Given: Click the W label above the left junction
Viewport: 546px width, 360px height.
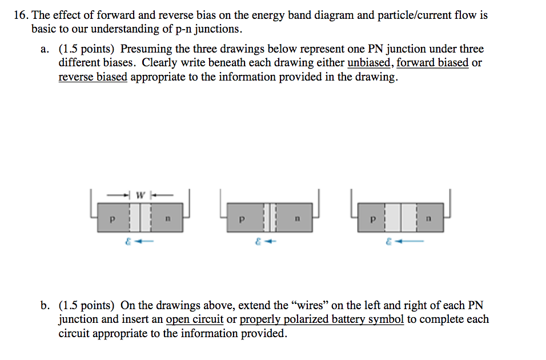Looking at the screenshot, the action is (x=140, y=195).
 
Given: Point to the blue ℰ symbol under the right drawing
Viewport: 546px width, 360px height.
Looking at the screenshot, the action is (x=389, y=242).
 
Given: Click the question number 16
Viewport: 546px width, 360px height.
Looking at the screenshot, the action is (x=21, y=15).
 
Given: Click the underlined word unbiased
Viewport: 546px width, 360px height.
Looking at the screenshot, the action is (x=369, y=63).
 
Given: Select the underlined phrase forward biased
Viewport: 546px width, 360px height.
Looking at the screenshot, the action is (x=432, y=63).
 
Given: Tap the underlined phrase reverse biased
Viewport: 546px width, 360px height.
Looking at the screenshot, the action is (x=93, y=77).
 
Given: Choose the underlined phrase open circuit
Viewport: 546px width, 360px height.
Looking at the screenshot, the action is (x=194, y=319).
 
